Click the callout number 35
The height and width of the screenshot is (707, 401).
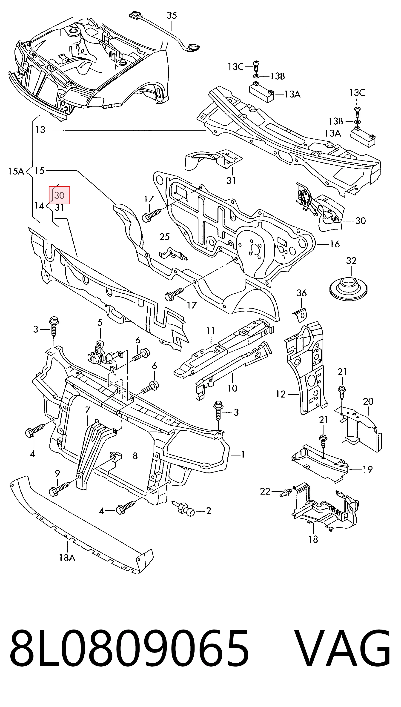click(x=172, y=15)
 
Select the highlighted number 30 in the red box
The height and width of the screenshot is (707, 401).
click(x=60, y=195)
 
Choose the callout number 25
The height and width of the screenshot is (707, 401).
click(x=165, y=237)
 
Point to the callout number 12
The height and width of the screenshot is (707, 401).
click(x=281, y=395)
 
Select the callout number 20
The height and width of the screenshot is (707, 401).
click(x=368, y=401)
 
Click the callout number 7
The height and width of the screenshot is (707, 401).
click(x=88, y=410)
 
